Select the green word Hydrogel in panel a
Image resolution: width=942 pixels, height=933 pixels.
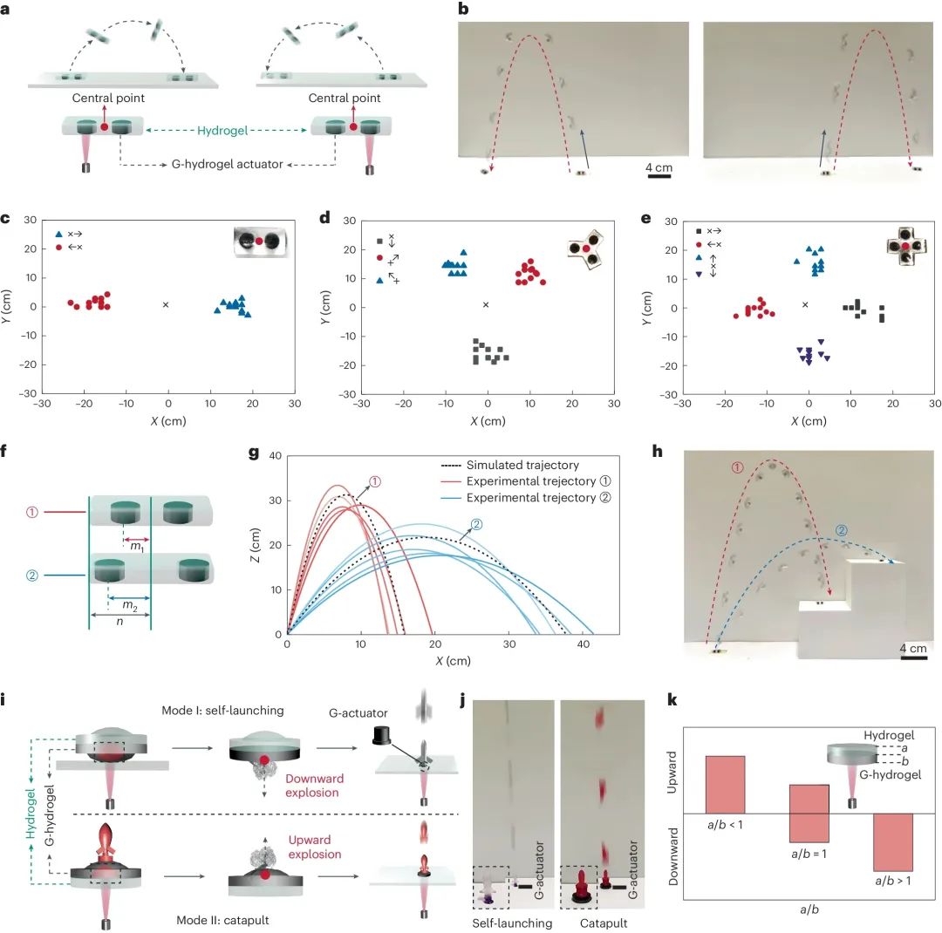(x=228, y=130)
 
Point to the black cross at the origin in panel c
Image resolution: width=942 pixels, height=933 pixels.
(x=166, y=304)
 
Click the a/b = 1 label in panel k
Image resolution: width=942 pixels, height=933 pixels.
(x=809, y=853)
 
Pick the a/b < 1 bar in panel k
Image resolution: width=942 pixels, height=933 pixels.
(x=725, y=784)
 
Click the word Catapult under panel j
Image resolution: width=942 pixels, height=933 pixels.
(x=597, y=922)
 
